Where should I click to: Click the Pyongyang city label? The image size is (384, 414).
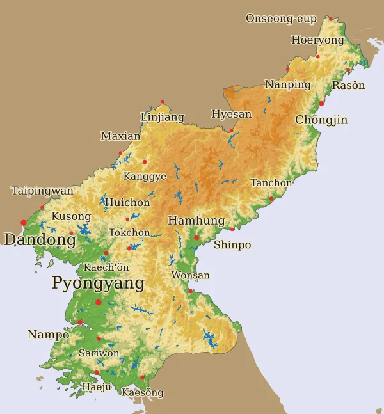98,283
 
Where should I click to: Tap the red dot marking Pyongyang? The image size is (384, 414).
99,302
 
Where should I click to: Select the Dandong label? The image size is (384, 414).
40,240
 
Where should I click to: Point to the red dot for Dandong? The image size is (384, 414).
24,223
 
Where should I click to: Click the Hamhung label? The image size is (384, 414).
196,221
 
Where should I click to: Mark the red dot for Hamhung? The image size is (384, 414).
197,237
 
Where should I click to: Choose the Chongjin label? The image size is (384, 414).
321,120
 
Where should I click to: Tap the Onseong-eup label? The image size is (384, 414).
281,19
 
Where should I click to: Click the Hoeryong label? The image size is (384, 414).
317,40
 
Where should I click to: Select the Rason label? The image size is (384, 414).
349,86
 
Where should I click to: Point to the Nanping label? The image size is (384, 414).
288,85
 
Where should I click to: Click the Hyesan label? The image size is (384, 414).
232,115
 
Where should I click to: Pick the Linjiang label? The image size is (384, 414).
163,117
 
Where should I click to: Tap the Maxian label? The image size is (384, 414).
120,136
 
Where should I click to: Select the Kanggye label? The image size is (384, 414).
145,177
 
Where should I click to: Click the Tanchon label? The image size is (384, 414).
271,183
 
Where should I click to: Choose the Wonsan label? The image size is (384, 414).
191,276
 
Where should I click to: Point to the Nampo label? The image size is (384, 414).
48,335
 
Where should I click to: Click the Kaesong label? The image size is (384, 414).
143,392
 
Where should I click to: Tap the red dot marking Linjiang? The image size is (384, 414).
163,102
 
